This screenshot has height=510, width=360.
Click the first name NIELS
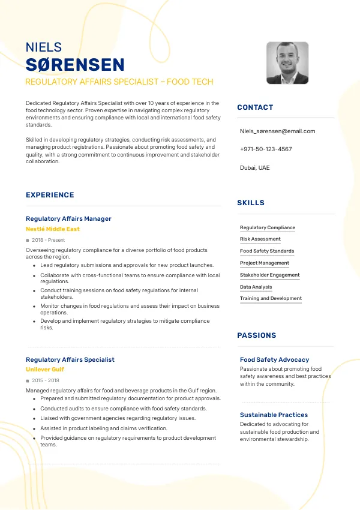pos(44,47)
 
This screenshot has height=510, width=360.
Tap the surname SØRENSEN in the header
pos(75,65)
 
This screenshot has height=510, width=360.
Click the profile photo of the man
pos(287,63)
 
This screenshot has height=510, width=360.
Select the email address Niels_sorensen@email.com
pos(277,131)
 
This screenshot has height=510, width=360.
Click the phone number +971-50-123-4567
pos(266,149)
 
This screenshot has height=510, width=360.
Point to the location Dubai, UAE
pos(254,168)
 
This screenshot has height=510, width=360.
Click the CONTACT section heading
pos(255,107)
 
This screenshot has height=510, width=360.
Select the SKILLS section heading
pos(251,203)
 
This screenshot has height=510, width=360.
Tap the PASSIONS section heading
pos(257,335)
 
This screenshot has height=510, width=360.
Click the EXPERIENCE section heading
pos(50,195)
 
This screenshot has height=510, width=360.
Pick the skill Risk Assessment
pos(260,239)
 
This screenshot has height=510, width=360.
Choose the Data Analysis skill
pos(256,287)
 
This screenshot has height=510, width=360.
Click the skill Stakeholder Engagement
pos(269,275)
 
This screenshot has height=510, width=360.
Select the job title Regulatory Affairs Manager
pos(68,218)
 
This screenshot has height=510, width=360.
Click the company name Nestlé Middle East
pos(52,229)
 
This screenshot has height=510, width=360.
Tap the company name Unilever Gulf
pos(45,370)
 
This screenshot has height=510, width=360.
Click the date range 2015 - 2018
pos(46,380)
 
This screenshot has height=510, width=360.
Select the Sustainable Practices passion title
pos(274,415)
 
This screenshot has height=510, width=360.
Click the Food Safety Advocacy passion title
pos(274,359)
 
